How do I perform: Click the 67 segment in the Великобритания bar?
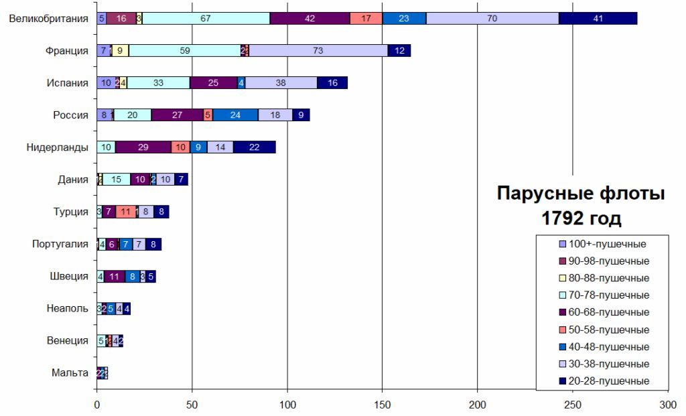coord(206,19)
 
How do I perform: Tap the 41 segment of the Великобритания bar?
coord(598,19)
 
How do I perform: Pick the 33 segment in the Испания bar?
coord(159,82)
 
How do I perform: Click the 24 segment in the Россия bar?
coord(235,115)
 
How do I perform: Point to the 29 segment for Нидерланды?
coord(143,147)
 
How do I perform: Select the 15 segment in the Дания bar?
coord(117,180)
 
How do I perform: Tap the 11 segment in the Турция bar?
coord(125,212)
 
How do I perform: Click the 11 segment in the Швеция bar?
coord(114,276)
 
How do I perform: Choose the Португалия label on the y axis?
coord(60,244)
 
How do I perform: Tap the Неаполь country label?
coord(68,308)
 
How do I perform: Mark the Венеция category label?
coord(67,340)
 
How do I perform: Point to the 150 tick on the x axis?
coord(383,405)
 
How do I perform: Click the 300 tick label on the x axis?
coord(668,405)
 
